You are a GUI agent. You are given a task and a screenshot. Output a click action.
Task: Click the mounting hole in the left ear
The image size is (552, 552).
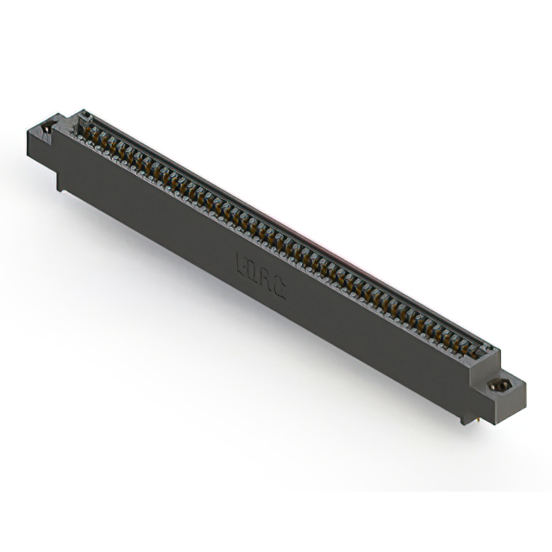[x=47, y=129]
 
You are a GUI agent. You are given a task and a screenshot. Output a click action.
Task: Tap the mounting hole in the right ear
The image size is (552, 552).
[x=499, y=386]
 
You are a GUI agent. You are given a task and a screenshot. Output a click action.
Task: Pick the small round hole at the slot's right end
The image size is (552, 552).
[x=487, y=350]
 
